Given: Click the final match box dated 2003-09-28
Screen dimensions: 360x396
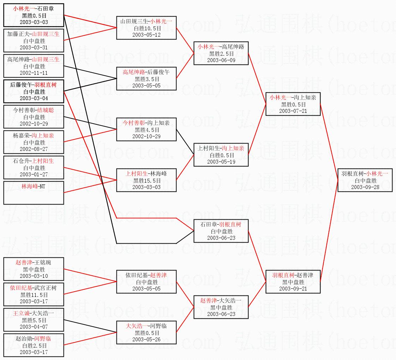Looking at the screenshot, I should [x=365, y=180].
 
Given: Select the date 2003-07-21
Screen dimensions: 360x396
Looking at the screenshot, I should [x=293, y=111].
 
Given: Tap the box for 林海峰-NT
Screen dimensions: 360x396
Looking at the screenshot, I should [x=34, y=193].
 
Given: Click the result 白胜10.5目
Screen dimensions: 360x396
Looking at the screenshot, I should [x=146, y=28].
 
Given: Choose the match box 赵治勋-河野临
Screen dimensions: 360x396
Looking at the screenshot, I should [x=34, y=345].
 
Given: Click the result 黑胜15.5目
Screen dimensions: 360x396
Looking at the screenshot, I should [x=146, y=181].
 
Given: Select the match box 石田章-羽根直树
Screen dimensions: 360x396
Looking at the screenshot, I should [x=221, y=231].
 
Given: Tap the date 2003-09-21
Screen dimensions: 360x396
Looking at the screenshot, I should [x=293, y=288].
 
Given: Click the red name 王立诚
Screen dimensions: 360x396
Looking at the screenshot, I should [x=21, y=313].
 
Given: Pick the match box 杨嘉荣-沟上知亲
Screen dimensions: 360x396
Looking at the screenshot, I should [x=34, y=142].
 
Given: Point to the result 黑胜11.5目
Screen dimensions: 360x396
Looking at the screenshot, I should [x=34, y=295].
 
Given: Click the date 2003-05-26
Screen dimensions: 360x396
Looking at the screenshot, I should [x=146, y=339].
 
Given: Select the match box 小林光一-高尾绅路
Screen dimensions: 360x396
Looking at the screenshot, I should [x=221, y=53].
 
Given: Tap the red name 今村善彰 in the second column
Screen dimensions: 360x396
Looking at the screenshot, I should [x=134, y=123].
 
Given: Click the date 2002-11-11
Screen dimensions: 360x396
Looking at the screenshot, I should [x=34, y=73].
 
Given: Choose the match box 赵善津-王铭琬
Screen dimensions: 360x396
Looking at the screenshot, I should [x=34, y=269].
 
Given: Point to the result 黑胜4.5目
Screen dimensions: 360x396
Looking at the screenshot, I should [x=146, y=130].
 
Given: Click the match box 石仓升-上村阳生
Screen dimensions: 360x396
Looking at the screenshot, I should [x=34, y=167].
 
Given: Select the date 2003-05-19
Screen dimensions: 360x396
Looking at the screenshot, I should [x=221, y=162].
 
